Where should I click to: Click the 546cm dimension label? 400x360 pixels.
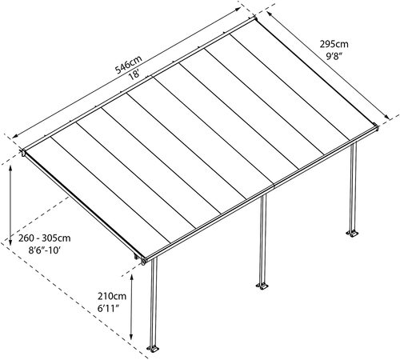[129, 64]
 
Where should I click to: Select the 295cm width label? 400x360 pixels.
[334, 44]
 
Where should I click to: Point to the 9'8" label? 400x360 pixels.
[334, 57]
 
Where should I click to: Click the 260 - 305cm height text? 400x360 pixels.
[45, 238]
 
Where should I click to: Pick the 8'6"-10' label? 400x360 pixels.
[45, 250]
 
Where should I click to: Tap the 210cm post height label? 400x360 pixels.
[112, 296]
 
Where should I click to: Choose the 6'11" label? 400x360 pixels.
[108, 309]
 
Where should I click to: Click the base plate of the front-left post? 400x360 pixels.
[153, 349]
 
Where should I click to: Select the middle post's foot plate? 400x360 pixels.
[262, 286]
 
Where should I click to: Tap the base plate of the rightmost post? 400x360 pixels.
[353, 234]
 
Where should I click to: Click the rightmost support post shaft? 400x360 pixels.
[353, 186]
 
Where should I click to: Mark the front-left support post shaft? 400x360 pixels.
[154, 302]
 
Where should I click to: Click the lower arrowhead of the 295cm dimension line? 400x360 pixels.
[387, 116]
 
